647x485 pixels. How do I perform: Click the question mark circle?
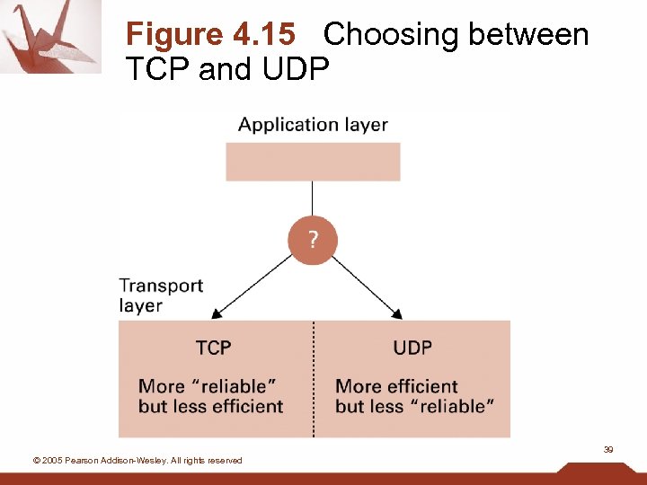313,241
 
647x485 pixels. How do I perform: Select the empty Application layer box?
313,162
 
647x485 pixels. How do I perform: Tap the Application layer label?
313,125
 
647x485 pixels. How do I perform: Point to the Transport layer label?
161,295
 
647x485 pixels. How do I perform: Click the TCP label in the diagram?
213,348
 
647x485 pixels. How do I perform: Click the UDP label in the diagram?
412,348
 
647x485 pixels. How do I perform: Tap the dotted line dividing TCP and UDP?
314,377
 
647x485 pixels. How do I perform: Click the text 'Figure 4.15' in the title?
210,35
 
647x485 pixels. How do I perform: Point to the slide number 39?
608,449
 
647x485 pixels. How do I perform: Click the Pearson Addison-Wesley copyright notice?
137,461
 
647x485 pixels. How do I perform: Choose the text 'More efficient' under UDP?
396,387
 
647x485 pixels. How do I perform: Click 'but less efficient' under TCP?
210,407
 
